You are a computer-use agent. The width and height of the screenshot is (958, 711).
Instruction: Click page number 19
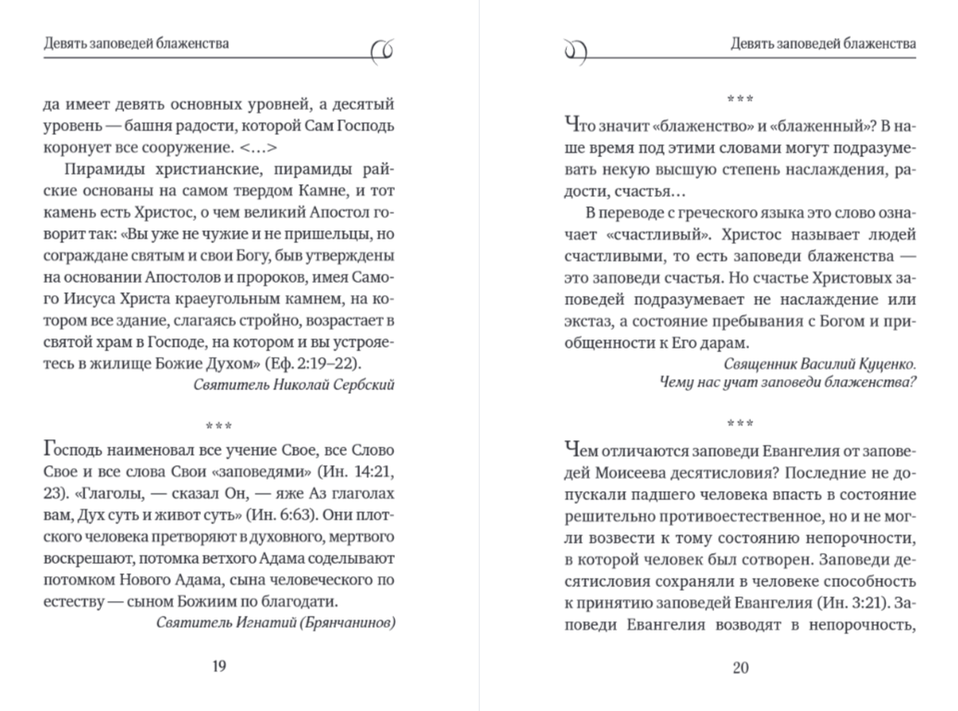(219, 668)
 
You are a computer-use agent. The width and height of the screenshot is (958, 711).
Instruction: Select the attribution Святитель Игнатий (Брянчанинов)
(276, 623)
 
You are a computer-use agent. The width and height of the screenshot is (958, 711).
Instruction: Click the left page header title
(137, 43)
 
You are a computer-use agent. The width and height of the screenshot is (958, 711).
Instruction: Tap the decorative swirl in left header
(381, 52)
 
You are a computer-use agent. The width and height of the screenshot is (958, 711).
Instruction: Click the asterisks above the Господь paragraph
(219, 425)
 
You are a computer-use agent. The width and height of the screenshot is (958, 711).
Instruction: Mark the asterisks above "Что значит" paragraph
(740, 98)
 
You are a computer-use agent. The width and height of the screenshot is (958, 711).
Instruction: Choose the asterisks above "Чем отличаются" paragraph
(740, 424)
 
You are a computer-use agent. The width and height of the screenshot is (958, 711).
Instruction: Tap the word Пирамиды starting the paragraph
(100, 168)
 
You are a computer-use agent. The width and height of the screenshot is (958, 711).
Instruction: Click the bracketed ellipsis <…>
(258, 147)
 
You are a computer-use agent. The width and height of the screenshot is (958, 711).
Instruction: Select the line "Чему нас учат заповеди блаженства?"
(788, 383)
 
